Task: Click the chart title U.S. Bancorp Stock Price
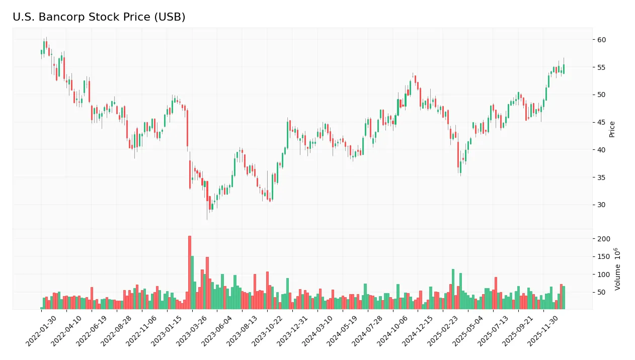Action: [x=99, y=17]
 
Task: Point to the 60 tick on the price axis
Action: [x=601, y=40]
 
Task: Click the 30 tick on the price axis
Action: [x=601, y=205]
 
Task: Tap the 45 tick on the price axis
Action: [x=601, y=122]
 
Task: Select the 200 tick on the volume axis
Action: [x=604, y=239]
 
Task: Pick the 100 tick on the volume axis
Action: [x=604, y=275]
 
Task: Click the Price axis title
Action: [x=612, y=129]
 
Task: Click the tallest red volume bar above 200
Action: [x=190, y=272]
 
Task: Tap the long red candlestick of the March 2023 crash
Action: [x=187, y=128]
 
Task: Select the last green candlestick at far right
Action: [x=564, y=69]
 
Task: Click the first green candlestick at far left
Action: [x=41, y=52]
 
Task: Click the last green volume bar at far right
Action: [x=564, y=297]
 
